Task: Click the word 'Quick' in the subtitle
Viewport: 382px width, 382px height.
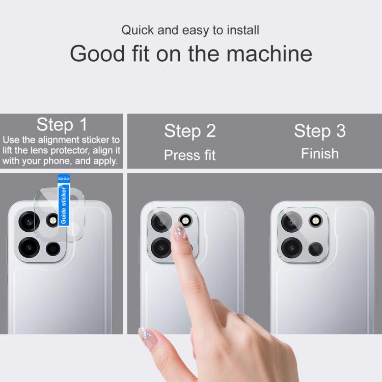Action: (138, 31)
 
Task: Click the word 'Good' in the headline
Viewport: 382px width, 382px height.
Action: (97, 53)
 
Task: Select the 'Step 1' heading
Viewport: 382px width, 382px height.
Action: (62, 124)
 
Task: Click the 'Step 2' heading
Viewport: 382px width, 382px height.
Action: (190, 131)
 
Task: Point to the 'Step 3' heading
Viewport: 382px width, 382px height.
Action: (320, 131)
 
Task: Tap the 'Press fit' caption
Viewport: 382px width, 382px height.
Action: (190, 155)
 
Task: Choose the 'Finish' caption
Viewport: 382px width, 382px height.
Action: (320, 154)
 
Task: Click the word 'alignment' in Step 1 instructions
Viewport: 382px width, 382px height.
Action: (59, 140)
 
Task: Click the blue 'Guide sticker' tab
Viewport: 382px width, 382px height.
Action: (64, 200)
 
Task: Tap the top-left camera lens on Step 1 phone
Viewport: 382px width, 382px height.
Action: (29, 222)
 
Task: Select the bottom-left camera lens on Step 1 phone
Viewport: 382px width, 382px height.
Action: (29, 247)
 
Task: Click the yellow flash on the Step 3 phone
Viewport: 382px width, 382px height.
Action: (315, 221)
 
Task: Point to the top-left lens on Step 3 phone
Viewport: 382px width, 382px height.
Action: (292, 222)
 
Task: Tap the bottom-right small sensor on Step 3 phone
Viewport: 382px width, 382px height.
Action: (316, 249)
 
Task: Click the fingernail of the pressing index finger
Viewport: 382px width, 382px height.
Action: (179, 231)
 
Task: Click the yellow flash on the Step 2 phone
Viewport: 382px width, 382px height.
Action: (185, 221)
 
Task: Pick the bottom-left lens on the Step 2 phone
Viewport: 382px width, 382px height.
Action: (161, 248)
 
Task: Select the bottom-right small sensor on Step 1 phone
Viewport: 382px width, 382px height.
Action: (53, 249)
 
